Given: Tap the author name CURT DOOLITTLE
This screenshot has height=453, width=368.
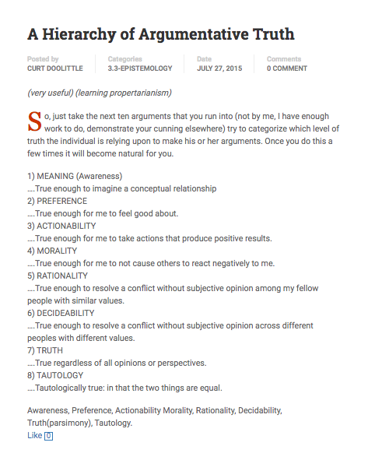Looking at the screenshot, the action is click(x=54, y=68).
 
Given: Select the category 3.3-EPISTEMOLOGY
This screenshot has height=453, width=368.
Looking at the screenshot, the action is click(x=140, y=68).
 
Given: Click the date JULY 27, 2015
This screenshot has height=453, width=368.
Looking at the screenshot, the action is click(x=219, y=68).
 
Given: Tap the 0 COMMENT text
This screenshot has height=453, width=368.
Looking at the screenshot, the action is click(x=287, y=68).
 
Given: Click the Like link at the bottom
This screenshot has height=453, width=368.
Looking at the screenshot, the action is click(x=34, y=435).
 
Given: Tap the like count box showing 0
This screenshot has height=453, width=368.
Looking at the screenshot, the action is click(x=48, y=436).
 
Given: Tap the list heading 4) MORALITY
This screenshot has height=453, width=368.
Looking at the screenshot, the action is click(x=53, y=251).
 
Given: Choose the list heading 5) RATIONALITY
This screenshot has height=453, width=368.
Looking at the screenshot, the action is click(x=58, y=276).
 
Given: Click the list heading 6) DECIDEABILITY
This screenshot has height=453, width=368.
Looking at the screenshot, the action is click(x=61, y=313).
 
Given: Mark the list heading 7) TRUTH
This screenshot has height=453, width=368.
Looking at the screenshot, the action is click(x=46, y=350).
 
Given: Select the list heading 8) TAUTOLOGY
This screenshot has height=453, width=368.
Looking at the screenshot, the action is click(x=55, y=375).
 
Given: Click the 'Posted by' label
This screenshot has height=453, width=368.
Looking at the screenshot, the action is click(x=43, y=59).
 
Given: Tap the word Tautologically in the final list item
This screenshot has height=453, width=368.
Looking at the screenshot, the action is click(x=67, y=388).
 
